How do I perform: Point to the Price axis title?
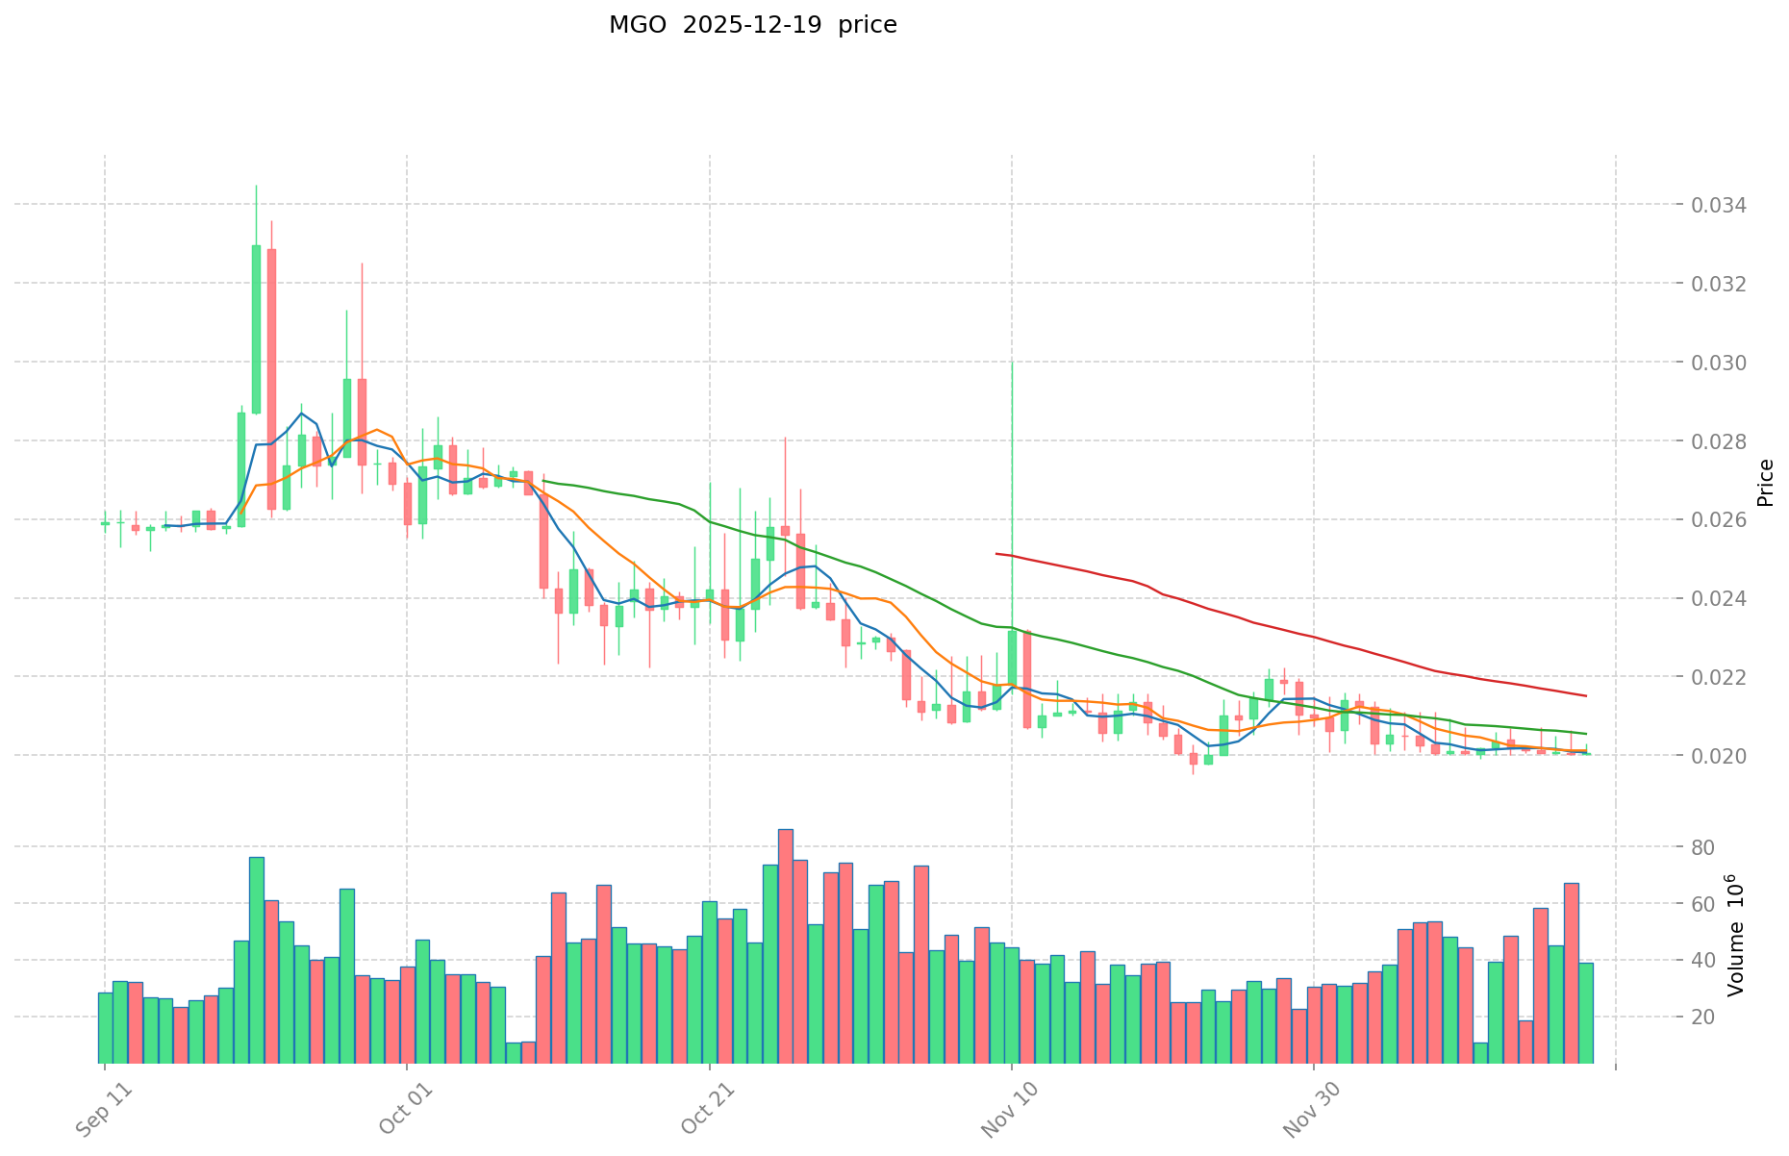pyautogui.click(x=1765, y=482)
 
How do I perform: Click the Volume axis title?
pyautogui.click(x=1737, y=935)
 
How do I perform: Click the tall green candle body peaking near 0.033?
pyautogui.click(x=256, y=329)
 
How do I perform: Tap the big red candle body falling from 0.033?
pyautogui.click(x=271, y=379)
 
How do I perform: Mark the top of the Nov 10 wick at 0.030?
pyautogui.click(x=1012, y=363)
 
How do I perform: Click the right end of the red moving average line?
pyautogui.click(x=1585, y=695)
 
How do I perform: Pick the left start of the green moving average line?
pyautogui.click(x=544, y=481)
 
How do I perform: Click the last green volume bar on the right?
pyautogui.click(x=1585, y=1012)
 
